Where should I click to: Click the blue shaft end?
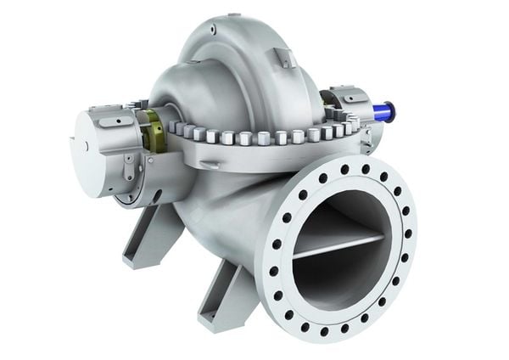(388, 110)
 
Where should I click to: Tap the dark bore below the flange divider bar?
(335, 276)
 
